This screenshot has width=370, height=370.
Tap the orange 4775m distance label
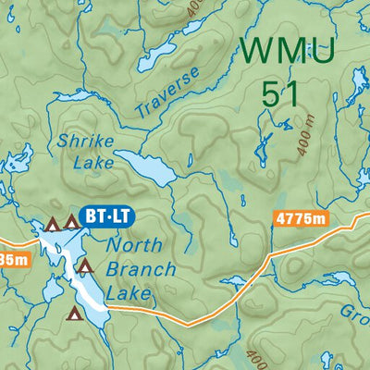(302, 219)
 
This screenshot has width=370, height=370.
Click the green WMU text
(286, 49)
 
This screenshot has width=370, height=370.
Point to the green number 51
(285, 92)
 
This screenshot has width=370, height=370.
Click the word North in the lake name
(134, 246)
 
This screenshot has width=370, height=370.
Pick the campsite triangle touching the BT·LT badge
(71, 222)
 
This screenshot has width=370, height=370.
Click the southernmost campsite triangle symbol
(73, 314)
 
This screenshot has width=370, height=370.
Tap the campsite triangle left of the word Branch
(85, 267)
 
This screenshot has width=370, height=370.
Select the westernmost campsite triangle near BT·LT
(52, 223)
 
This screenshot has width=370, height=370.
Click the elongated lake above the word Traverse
(157, 60)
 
